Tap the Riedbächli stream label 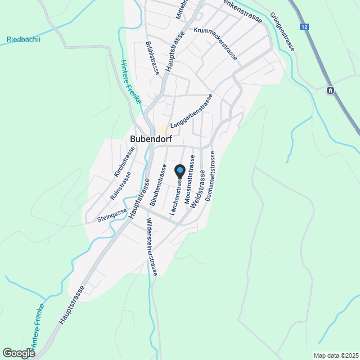(x=24, y=39)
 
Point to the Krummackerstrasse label (x=215, y=43)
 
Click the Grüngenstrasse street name (x=282, y=32)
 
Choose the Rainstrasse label (x=120, y=186)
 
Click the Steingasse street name (x=112, y=214)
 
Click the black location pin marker (x=180, y=170)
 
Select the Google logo (x=19, y=353)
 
